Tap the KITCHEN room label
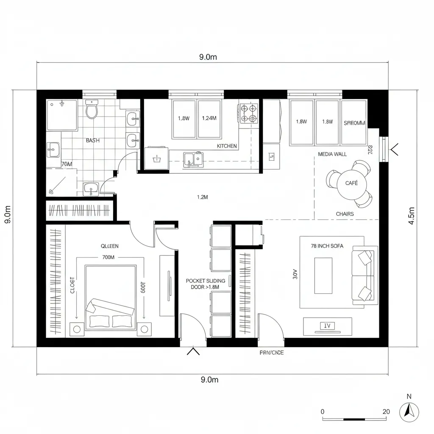tap(227, 146)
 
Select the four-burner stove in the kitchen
tap(248, 113)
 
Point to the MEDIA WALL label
tap(332, 154)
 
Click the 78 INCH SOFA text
tap(327, 246)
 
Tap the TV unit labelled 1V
tap(327, 326)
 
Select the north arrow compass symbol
tap(409, 411)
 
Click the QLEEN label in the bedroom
tap(110, 246)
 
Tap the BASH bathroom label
tap(93, 140)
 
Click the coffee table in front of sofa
tap(323, 275)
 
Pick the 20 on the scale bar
tap(386, 412)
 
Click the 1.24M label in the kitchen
tap(209, 119)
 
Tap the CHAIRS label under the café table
tap(345, 214)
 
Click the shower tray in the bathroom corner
tap(62, 115)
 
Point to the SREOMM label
tap(354, 123)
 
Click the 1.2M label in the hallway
tap(203, 197)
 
